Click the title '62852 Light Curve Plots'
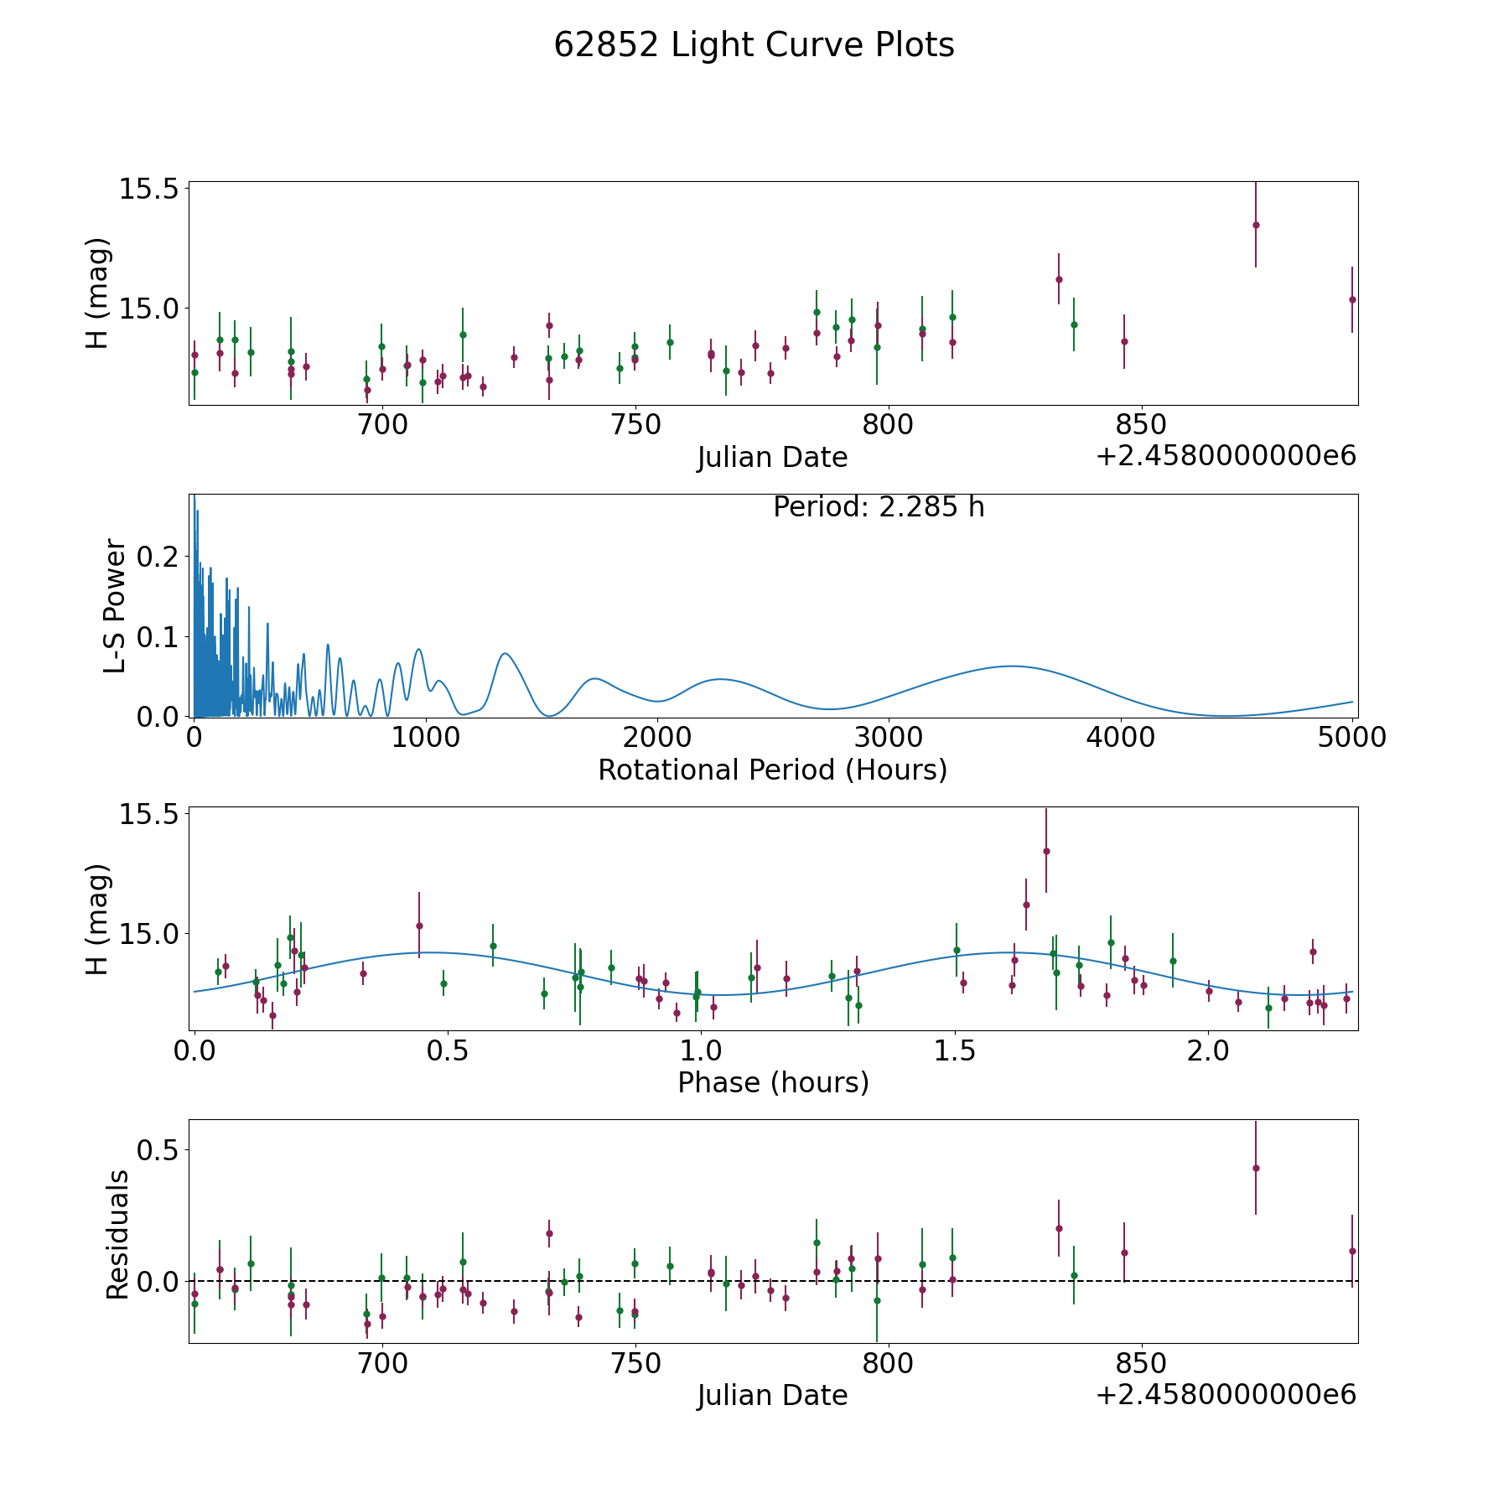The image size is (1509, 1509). [x=754, y=45]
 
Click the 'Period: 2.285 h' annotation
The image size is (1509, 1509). [x=879, y=507]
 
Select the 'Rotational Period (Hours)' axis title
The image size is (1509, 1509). [x=772, y=770]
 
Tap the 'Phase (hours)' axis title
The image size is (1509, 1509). [x=773, y=1082]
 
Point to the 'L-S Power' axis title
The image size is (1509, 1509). [x=116, y=605]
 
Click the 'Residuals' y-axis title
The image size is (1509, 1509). [x=117, y=1234]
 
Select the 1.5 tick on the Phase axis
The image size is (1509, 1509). [x=956, y=1050]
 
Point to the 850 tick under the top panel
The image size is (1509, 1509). [x=1142, y=425]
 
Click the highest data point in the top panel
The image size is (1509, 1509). [x=1256, y=225]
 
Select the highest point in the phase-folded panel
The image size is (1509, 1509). [x=1046, y=851]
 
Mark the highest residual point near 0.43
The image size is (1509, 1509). [x=1256, y=1168]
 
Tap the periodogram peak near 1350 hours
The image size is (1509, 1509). [x=505, y=653]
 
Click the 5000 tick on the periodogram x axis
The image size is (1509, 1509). [x=1352, y=738]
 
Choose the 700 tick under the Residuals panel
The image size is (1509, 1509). [x=382, y=1363]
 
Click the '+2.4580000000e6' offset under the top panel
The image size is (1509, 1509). [x=1226, y=456]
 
